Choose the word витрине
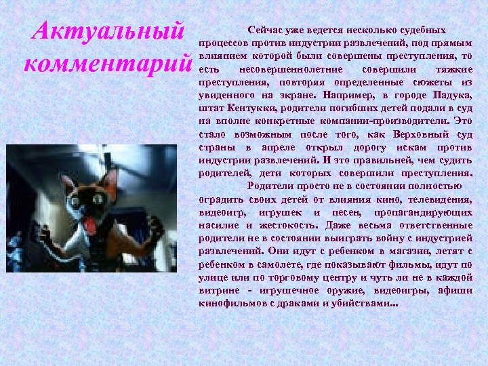point(219,288)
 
